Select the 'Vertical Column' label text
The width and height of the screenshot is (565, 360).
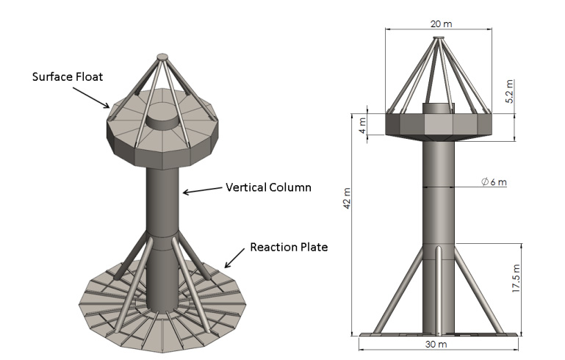point(268,187)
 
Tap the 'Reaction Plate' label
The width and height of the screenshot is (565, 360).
point(289,246)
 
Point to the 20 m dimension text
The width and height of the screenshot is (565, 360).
point(441,24)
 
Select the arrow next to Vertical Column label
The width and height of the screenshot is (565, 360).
point(201,191)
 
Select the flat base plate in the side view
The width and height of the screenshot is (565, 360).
point(439,335)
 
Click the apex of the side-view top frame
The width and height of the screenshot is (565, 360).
point(439,39)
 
